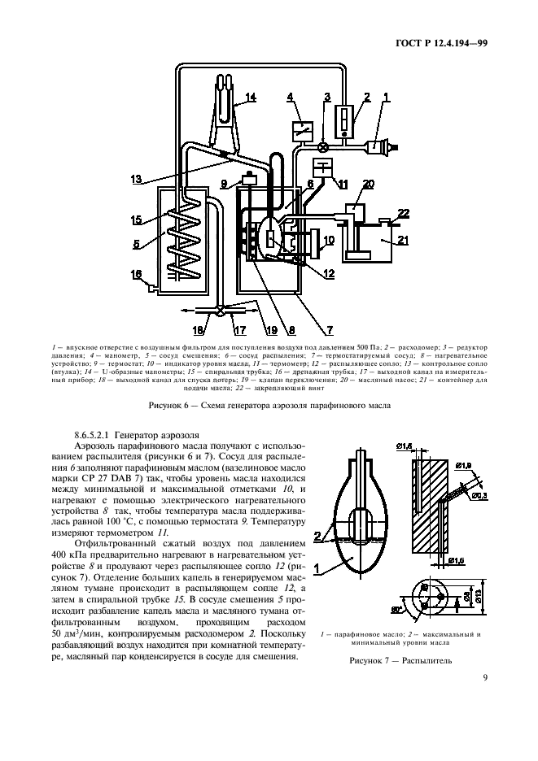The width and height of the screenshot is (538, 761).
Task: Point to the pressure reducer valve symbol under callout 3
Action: tap(323, 148)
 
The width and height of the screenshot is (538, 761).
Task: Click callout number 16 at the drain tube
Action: tap(136, 274)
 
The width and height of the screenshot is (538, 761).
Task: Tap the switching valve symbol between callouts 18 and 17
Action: tap(221, 309)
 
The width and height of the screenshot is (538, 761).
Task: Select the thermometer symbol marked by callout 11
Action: tap(326, 169)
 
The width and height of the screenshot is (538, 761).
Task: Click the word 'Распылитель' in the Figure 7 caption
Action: tap(423, 660)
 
